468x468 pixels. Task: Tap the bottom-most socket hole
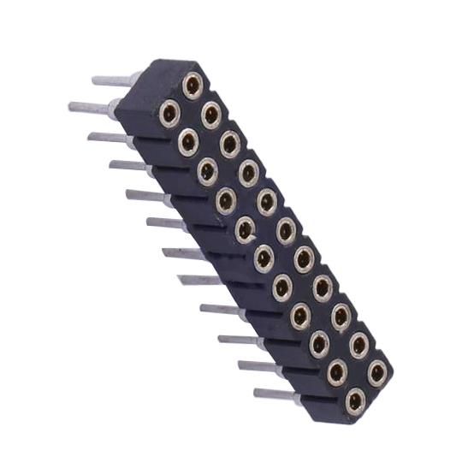pyautogui.click(x=354, y=399)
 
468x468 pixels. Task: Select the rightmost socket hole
pyautogui.click(x=376, y=372)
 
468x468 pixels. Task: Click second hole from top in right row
pyautogui.click(x=210, y=113)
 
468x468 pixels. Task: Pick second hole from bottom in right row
pyautogui.click(x=358, y=345)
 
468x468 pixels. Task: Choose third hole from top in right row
pyautogui.click(x=229, y=142)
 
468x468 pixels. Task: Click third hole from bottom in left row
pyautogui.click(x=318, y=344)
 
